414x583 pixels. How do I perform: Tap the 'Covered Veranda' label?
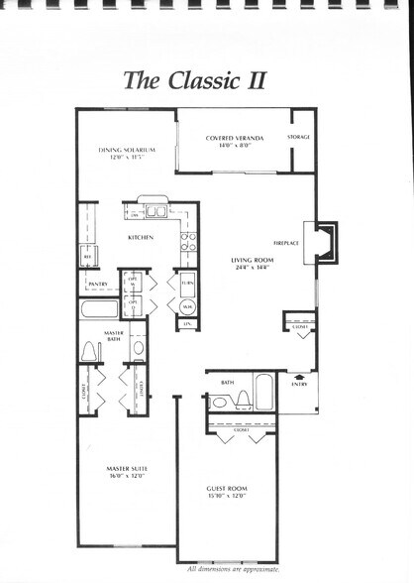point(233,138)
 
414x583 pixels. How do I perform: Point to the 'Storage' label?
point(299,137)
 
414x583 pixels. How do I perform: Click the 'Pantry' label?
point(97,284)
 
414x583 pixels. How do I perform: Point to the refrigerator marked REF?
point(87,256)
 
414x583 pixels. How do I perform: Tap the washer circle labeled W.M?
point(188,305)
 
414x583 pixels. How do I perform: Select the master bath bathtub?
point(99,308)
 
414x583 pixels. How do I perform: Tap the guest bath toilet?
point(242,400)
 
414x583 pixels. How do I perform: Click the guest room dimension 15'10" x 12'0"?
point(228,496)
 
